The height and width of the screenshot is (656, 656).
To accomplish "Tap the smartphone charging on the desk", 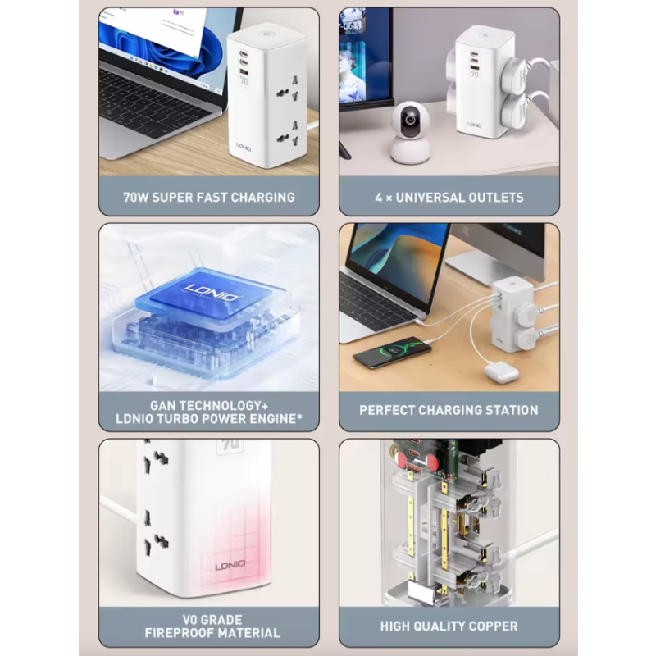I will [393, 355].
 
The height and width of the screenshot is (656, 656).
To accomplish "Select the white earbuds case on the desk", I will [500, 371].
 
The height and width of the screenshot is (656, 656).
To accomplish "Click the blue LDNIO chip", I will [202, 293].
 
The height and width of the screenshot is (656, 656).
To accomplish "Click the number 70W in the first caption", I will [137, 197].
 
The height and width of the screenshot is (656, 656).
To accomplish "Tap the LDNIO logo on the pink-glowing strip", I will [229, 566].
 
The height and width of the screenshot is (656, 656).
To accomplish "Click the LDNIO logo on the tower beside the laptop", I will [244, 146].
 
